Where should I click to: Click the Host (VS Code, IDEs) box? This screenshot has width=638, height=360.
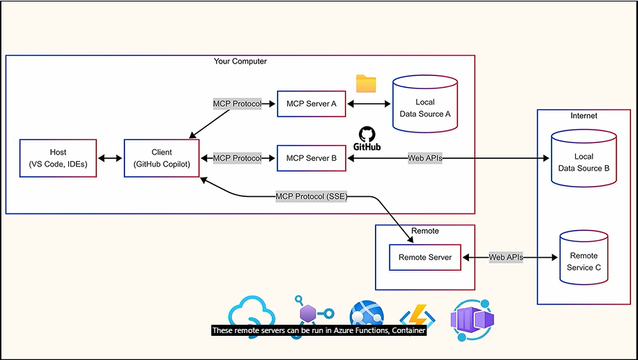coord(58,158)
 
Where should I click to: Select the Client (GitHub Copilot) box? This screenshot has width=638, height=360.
coord(162,158)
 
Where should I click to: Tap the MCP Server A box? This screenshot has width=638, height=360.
coord(311,104)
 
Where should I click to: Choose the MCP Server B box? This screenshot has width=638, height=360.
coord(311,158)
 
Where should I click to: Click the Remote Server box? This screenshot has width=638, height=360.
coord(425,258)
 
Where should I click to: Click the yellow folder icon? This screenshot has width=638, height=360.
coord(366,84)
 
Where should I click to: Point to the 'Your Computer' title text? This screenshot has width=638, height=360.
coord(240,61)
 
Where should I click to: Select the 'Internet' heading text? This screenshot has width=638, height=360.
coord(583,115)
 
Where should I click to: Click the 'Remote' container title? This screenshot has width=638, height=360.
coord(425,231)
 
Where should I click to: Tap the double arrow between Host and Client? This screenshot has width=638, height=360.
coord(110,158)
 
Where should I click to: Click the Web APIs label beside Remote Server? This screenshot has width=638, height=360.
coord(506,258)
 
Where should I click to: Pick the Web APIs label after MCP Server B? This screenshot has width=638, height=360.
coord(425,158)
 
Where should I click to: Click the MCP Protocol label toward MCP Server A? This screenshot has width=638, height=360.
coord(237,104)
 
